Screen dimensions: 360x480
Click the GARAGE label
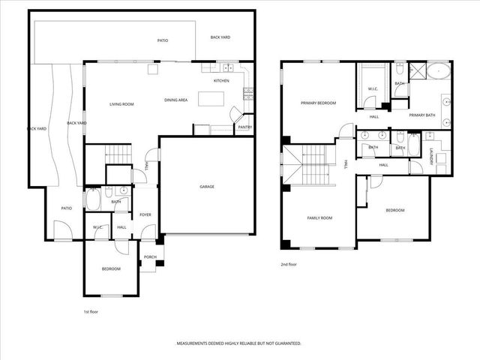pos(206,187)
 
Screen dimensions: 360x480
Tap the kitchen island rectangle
pos(211,99)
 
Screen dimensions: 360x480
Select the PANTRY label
pos(244,127)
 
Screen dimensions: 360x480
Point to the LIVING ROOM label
pos(121,104)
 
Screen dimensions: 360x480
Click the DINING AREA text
pos(176,100)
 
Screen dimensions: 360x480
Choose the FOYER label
pos(145,214)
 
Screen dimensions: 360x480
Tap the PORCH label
pos(150,256)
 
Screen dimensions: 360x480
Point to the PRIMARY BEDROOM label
pos(318,103)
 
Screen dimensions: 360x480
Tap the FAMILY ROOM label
pos(319,218)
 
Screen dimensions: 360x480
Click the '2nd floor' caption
pos(289,265)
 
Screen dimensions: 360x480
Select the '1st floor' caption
pos(90,310)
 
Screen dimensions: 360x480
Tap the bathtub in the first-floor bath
pos(94,199)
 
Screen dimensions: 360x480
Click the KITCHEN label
pos(221,81)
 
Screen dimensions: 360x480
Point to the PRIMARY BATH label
pos(422,115)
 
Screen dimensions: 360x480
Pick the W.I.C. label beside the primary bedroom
pos(373,90)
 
